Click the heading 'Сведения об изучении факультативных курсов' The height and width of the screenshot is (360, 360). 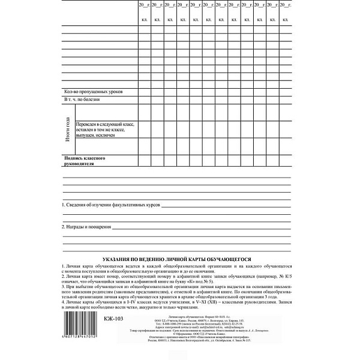click(x=111, y=205)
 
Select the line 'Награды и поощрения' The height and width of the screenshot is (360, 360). click(x=87, y=227)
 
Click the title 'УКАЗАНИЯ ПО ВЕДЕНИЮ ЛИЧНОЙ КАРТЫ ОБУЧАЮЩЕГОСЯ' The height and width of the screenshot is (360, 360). click(x=178, y=255)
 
